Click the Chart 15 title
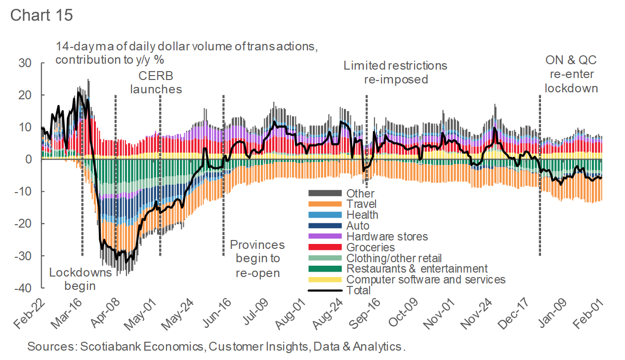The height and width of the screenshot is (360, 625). click(x=42, y=15)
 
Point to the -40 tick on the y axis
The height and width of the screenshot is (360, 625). click(x=23, y=288)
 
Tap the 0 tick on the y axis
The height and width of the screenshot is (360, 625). click(x=29, y=160)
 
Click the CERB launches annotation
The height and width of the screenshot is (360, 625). click(x=159, y=82)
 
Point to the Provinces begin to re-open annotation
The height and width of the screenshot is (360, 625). click(x=257, y=259)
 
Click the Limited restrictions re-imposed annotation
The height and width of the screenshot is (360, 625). click(x=395, y=72)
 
